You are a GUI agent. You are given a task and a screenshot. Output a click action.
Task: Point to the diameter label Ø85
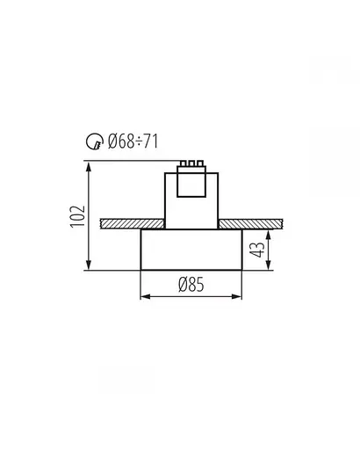tap(192, 284)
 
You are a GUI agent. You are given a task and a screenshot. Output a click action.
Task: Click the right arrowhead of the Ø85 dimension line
tap(240, 296)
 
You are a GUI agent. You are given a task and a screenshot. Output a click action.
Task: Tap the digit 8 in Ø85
tap(192, 284)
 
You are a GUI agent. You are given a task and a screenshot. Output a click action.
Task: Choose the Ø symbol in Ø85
tap(182, 284)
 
